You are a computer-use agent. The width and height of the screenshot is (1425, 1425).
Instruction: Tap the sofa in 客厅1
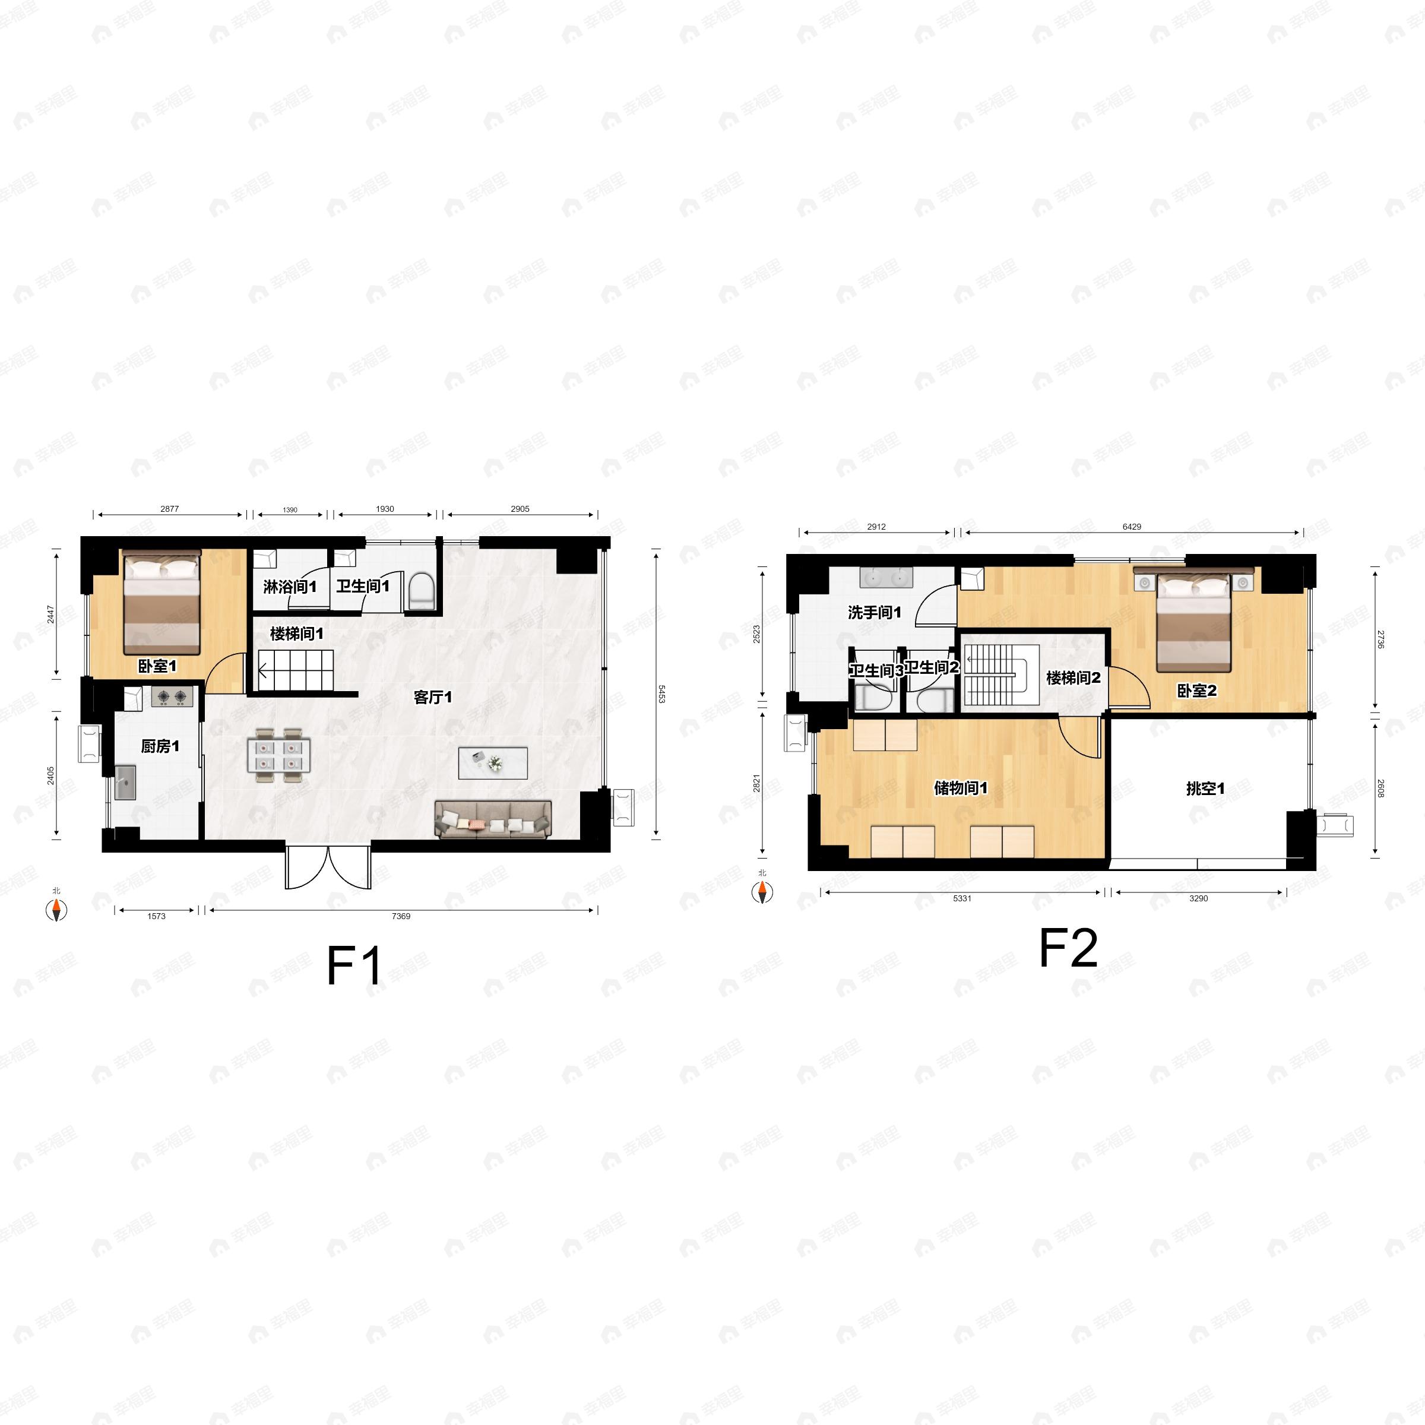tap(493, 819)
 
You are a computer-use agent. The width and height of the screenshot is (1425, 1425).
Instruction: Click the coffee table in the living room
tap(493, 762)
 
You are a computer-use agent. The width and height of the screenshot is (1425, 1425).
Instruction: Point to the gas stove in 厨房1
tap(172, 695)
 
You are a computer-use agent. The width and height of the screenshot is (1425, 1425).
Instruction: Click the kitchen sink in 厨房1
tap(125, 783)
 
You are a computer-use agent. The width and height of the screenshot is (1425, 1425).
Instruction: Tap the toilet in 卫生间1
tap(421, 593)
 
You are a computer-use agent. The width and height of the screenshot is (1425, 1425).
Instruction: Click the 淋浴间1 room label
tap(290, 587)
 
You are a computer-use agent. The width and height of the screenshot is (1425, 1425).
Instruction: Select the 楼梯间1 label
tap(296, 634)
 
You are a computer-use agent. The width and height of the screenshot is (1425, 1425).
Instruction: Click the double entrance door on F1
tap(328, 867)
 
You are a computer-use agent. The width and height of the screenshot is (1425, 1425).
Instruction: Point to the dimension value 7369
tap(401, 916)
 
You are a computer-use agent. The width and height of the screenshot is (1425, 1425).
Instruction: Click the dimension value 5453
tap(661, 693)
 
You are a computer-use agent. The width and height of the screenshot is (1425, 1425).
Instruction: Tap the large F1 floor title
tap(354, 965)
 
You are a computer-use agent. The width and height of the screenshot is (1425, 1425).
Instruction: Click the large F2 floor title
tap(1068, 948)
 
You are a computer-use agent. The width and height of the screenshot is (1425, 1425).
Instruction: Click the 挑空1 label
tap(1205, 788)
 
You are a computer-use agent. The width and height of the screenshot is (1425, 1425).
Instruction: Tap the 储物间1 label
tap(960, 788)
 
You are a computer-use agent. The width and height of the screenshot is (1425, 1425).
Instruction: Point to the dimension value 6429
tap(1132, 527)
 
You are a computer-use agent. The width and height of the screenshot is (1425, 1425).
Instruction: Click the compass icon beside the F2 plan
tap(762, 892)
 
